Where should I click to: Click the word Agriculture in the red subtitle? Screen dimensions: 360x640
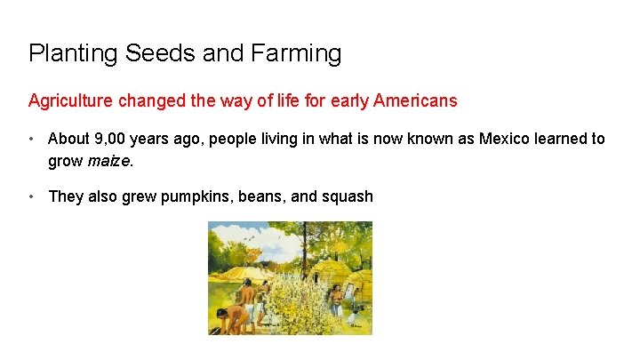[71, 100]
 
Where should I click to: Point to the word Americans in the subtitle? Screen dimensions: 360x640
[415, 100]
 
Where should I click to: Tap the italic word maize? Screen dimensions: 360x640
[108, 161]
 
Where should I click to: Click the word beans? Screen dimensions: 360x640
[262, 196]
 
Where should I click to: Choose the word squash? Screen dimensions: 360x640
[344, 196]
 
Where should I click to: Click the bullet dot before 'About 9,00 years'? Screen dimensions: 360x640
[32, 139]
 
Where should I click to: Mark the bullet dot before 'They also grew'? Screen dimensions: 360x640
[32, 196]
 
